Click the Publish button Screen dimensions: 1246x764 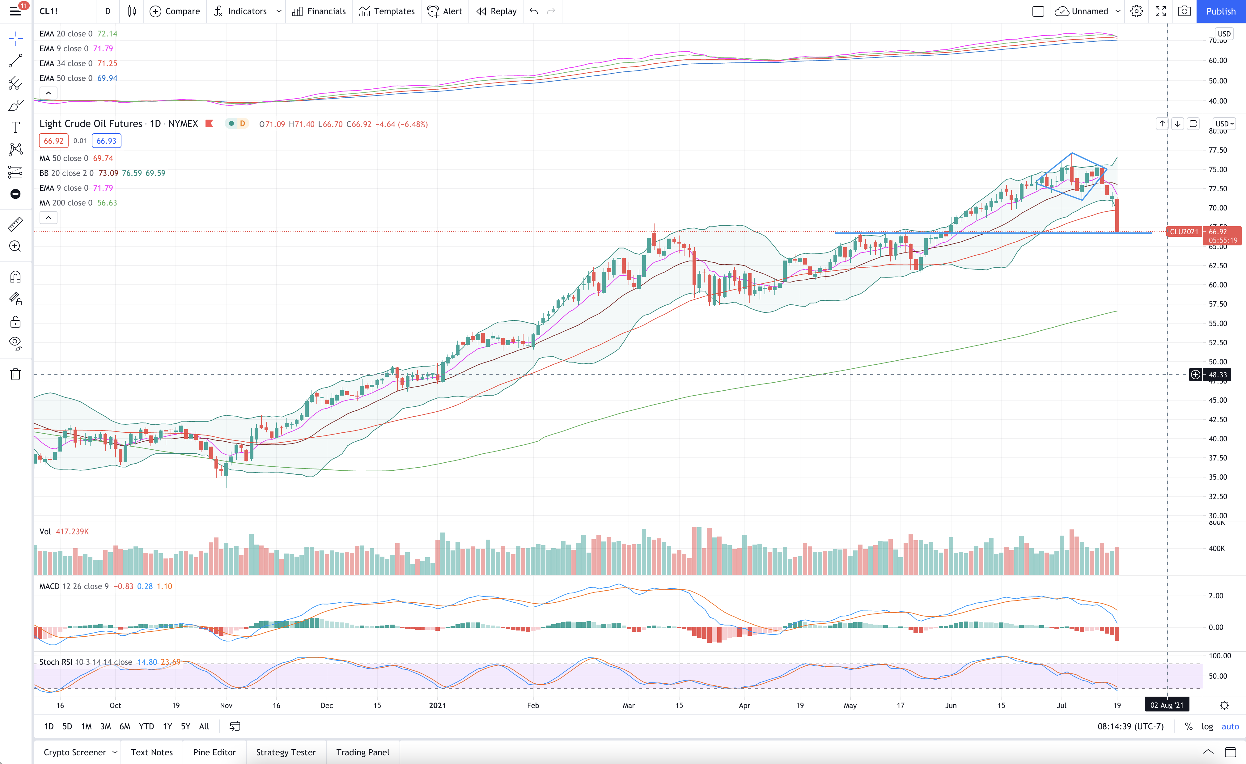coord(1221,11)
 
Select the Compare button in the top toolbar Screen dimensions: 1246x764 coord(175,11)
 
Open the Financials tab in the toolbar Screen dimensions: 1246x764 coord(319,11)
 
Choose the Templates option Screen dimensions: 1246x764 coord(387,11)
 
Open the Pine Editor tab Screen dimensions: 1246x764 coord(214,752)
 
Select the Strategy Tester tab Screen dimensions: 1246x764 coord(286,752)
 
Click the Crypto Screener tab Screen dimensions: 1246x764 coord(75,752)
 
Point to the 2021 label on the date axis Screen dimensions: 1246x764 coord(437,705)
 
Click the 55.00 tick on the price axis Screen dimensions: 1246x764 coord(1218,323)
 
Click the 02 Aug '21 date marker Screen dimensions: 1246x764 coord(1167,705)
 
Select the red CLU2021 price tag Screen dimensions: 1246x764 coord(1184,231)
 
